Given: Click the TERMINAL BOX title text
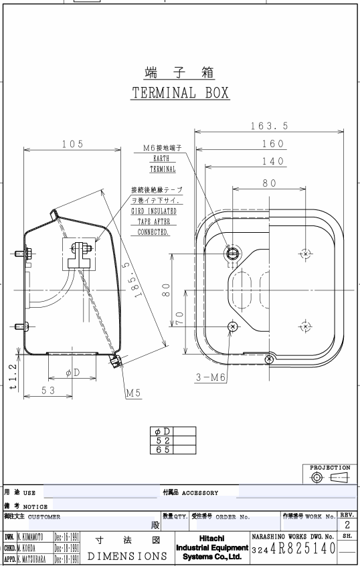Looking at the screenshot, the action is pos(180,93).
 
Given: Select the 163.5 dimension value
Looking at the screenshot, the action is pos(270,126).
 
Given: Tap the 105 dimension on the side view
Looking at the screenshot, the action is pos(72,144).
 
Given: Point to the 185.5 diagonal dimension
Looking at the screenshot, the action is pos(132,280).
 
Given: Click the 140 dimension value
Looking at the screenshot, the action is pos(273,161).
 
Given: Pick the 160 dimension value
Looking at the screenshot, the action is pos(273,144).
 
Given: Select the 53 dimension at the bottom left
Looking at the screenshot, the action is pos(48,390).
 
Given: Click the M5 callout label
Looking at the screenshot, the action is pos(133,393).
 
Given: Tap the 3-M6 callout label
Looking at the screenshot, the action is pos(211,377).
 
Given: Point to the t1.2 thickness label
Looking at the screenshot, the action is pos(13,377).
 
